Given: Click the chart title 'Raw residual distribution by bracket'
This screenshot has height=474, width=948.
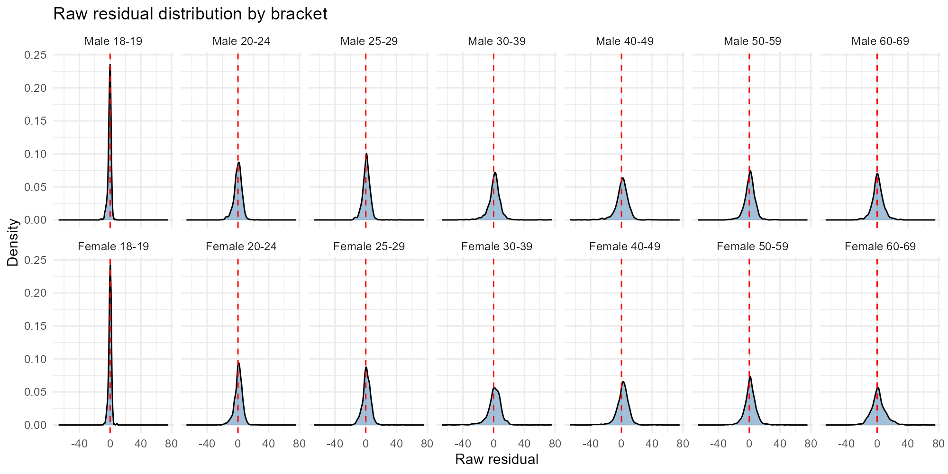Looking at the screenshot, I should (190, 14).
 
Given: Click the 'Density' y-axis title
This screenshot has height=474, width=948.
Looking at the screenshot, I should (13, 242).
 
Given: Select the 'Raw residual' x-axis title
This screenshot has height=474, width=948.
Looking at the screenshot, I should (496, 459).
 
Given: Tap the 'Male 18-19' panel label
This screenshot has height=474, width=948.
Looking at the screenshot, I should (113, 41).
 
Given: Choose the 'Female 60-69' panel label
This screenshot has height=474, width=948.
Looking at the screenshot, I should (880, 246).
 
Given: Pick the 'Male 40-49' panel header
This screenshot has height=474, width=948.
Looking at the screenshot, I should (624, 41).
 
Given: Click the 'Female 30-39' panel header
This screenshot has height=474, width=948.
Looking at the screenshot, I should (497, 246).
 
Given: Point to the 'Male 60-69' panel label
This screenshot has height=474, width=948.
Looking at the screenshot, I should (880, 41).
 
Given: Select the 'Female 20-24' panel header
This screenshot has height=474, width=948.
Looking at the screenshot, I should (241, 246).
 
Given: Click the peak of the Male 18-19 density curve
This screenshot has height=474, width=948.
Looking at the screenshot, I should (110, 65).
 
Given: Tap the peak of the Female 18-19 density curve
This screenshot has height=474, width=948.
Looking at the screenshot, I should (110, 265).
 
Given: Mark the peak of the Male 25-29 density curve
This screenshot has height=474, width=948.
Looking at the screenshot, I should (366, 154).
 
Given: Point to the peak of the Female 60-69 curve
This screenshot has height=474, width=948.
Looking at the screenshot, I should (878, 387).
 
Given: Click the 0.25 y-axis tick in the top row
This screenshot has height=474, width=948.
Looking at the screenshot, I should (36, 55).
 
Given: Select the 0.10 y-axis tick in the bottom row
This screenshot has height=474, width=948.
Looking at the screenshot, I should (36, 359).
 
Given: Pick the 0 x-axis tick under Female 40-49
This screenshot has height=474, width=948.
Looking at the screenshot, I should (621, 444).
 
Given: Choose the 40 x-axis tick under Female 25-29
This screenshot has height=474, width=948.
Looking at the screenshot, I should (396, 444).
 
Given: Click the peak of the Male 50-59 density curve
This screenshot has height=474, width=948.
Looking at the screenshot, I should (750, 171).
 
